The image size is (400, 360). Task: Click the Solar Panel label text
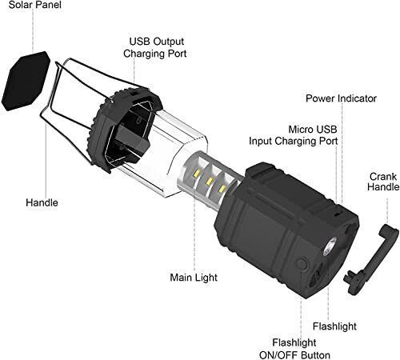pyautogui.click(x=35, y=5)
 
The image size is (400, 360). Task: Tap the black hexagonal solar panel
pyautogui.click(x=26, y=81)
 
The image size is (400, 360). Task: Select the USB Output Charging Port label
pyautogui.click(x=155, y=47)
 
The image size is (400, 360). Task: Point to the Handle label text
pyautogui.click(x=42, y=202)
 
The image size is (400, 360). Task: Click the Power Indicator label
pyautogui.click(x=341, y=98)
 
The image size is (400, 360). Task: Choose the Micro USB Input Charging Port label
pyautogui.click(x=294, y=135)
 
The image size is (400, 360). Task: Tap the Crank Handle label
pyautogui.click(x=383, y=182)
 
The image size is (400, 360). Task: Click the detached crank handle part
pyautogui.click(x=371, y=258)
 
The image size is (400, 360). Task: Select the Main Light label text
pyautogui.click(x=194, y=278)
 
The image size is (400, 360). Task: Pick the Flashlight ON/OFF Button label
pyautogui.click(x=294, y=349)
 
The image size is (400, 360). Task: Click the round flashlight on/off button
pyautogui.click(x=302, y=264)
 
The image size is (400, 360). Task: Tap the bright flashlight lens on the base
pyautogui.click(x=330, y=246)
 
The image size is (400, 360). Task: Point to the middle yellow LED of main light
pyautogui.click(x=209, y=181)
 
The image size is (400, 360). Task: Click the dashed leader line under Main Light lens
pyautogui.click(x=194, y=234)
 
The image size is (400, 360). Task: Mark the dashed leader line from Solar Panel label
pyautogui.click(x=33, y=31)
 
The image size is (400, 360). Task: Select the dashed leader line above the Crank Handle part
pyautogui.click(x=387, y=210)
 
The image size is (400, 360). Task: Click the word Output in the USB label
pyautogui.click(x=169, y=42)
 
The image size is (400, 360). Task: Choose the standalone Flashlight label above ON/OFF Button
pyautogui.click(x=334, y=326)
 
